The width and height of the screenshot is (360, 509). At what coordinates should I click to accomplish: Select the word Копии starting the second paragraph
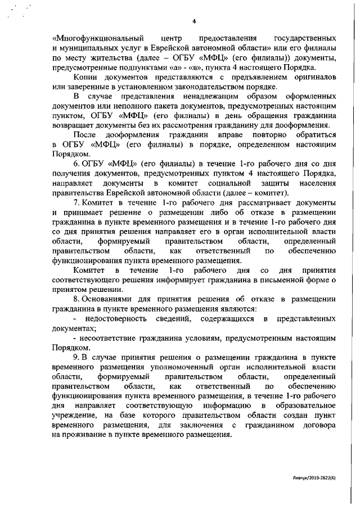click(85, 76)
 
